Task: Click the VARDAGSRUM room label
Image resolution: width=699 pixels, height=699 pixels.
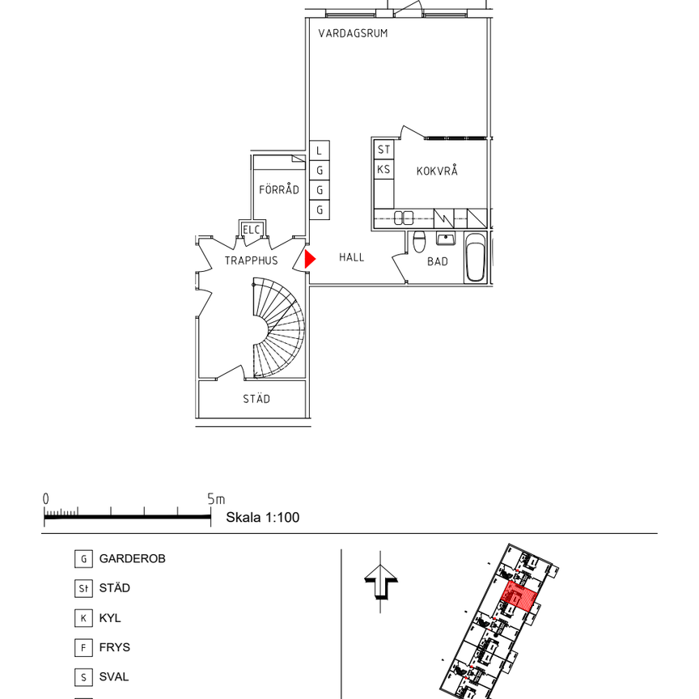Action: (x=353, y=33)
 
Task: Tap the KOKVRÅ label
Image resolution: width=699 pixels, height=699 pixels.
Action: (x=437, y=170)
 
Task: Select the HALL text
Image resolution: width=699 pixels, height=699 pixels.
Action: (x=351, y=257)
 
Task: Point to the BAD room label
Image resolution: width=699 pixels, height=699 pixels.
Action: (x=438, y=261)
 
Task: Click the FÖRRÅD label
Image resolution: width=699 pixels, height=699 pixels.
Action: (x=279, y=189)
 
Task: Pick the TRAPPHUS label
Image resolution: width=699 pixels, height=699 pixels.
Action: (x=251, y=261)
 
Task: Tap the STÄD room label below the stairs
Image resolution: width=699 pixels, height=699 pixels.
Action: (x=256, y=399)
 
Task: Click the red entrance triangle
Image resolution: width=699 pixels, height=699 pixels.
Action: (x=310, y=259)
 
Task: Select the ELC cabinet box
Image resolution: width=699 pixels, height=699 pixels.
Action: (x=252, y=230)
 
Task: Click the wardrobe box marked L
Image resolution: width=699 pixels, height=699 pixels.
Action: (x=320, y=150)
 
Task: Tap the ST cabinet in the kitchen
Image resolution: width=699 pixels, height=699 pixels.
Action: (x=383, y=150)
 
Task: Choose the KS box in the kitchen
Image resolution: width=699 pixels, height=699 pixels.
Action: (x=383, y=169)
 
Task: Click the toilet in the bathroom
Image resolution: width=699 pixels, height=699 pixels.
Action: (x=419, y=242)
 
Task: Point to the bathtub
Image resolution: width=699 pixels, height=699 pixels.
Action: (x=475, y=257)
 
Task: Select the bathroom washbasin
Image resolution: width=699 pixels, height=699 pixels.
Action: (x=446, y=239)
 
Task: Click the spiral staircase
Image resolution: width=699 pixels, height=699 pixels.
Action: (x=278, y=328)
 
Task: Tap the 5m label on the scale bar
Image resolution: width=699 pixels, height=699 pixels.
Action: (x=216, y=499)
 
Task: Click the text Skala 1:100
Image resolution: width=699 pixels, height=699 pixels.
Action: (x=263, y=518)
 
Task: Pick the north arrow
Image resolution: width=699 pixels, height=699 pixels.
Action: (x=381, y=582)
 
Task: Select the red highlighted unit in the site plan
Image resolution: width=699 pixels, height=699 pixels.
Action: (x=519, y=595)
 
